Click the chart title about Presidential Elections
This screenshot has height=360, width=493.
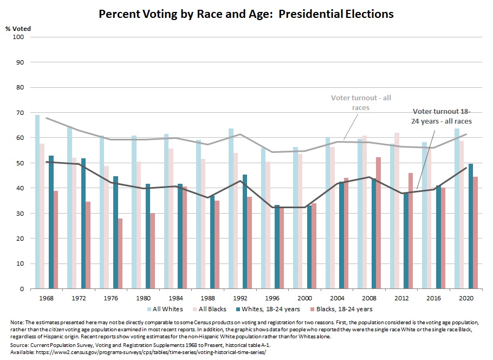coord(246,14)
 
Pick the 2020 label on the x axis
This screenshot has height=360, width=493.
coord(464,298)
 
